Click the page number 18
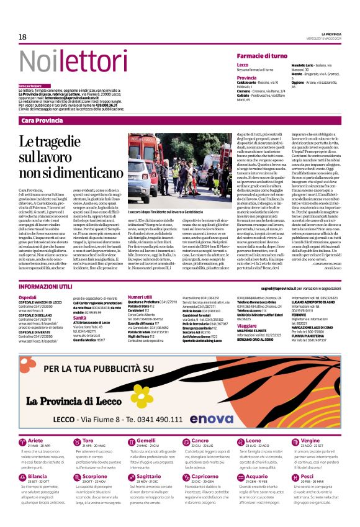click(22, 37)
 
